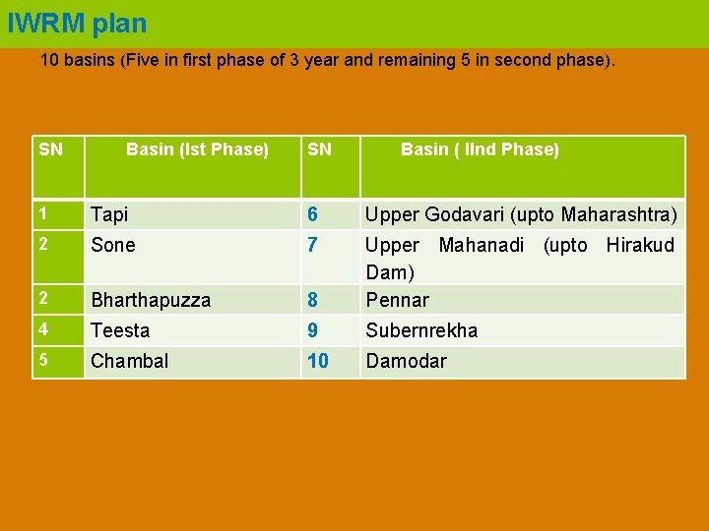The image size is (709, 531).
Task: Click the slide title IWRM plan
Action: (x=77, y=23)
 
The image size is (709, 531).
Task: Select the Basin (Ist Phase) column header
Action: (x=197, y=149)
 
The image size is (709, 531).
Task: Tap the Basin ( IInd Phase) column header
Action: (x=480, y=149)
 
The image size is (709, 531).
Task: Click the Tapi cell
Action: (x=109, y=214)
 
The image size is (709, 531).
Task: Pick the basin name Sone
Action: (x=113, y=245)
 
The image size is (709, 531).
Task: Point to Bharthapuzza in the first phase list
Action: (x=151, y=300)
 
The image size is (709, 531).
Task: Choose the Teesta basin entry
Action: (x=120, y=330)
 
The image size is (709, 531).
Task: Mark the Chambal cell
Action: (x=129, y=361)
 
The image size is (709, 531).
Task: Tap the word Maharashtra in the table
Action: (x=617, y=214)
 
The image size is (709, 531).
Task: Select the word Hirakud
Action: (x=640, y=245)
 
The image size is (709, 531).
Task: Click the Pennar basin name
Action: (x=397, y=300)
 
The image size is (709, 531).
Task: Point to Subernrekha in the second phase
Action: (x=421, y=330)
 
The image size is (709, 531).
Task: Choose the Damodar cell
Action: (x=406, y=361)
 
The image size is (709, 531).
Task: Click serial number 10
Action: (x=318, y=361)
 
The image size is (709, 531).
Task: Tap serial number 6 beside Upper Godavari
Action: (x=312, y=214)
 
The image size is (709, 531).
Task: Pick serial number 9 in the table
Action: (x=312, y=330)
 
